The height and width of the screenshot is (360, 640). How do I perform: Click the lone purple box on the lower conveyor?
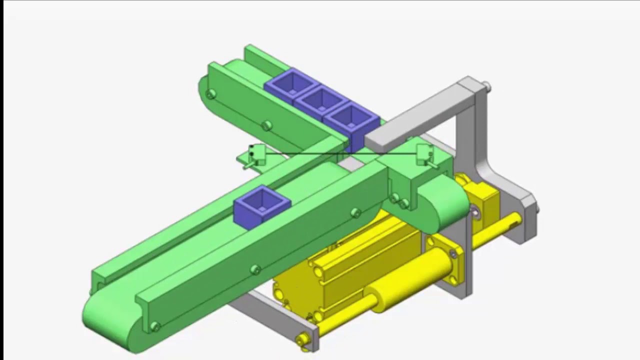tap(262, 206)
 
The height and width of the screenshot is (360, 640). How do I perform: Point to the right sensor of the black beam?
tap(424, 154)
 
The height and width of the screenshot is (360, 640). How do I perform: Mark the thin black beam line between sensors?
tap(340, 153)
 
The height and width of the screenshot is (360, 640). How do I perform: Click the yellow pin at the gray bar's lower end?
tap(302, 339)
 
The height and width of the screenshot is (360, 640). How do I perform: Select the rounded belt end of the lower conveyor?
tap(107, 320)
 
